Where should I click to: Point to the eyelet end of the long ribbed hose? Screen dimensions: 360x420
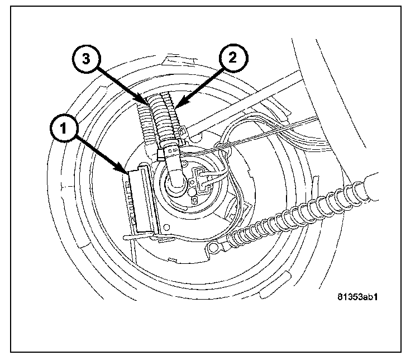coord(213,247)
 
